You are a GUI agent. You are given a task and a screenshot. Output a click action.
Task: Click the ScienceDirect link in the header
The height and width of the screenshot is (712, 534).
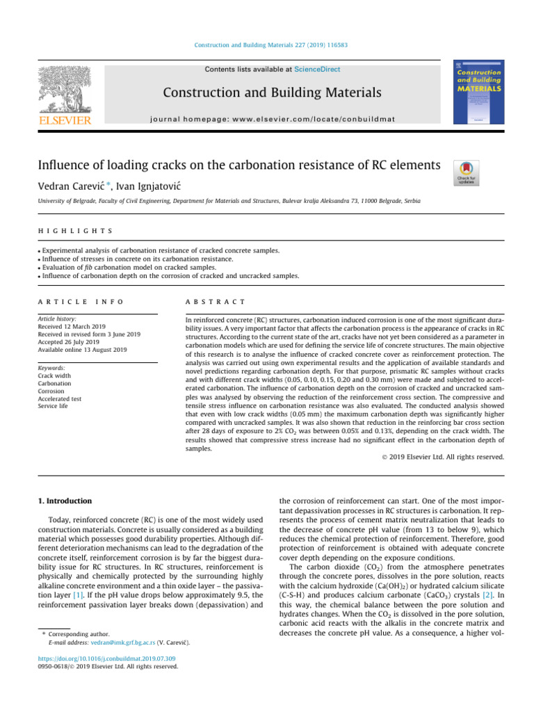point(317,70)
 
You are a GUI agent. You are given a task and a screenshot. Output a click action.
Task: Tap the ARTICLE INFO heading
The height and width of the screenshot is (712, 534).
point(81,301)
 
